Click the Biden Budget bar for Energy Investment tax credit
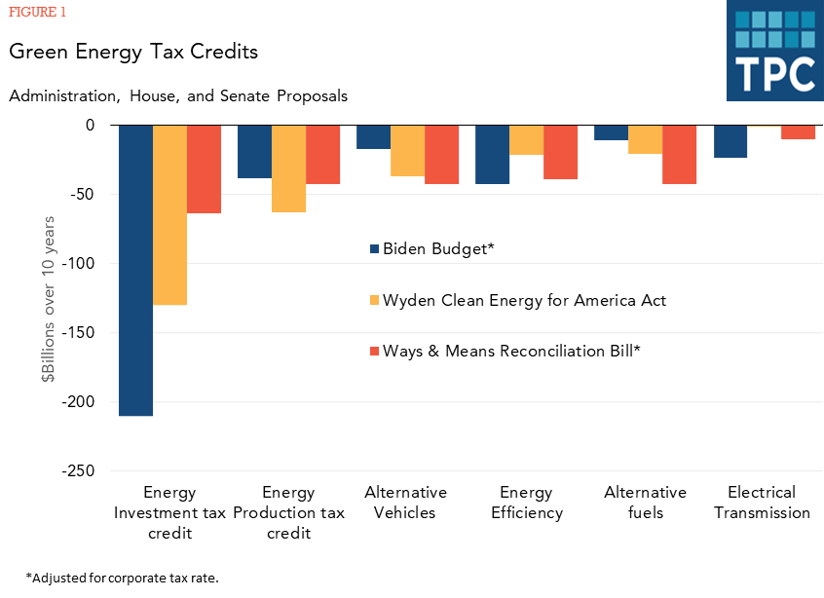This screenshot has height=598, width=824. [x=135, y=270]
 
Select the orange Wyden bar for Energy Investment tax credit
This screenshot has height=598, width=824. [x=169, y=214]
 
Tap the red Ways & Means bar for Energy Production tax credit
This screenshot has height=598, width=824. [x=322, y=154]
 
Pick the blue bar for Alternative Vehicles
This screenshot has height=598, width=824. [x=373, y=137]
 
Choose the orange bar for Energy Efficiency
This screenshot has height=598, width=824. [x=526, y=140]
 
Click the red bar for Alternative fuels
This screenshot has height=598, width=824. [x=679, y=154]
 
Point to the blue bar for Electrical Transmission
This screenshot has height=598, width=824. [x=730, y=141]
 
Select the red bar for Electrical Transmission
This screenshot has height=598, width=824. [x=798, y=132]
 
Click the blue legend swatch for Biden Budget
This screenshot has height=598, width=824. [x=373, y=249]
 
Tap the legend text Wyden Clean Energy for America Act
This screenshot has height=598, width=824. [x=524, y=300]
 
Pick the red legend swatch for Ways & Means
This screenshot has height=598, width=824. [x=373, y=352]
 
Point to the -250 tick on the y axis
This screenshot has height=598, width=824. [x=76, y=471]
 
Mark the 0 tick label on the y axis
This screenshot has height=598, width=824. [x=90, y=126]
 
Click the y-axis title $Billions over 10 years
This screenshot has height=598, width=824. [x=49, y=298]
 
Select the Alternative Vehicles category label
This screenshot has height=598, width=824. [x=405, y=503]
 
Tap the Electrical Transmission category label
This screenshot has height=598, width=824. [x=762, y=503]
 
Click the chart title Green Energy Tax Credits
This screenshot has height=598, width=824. [x=133, y=52]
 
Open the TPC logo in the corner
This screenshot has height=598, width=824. [x=774, y=51]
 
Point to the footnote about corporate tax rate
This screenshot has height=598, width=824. [x=123, y=578]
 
